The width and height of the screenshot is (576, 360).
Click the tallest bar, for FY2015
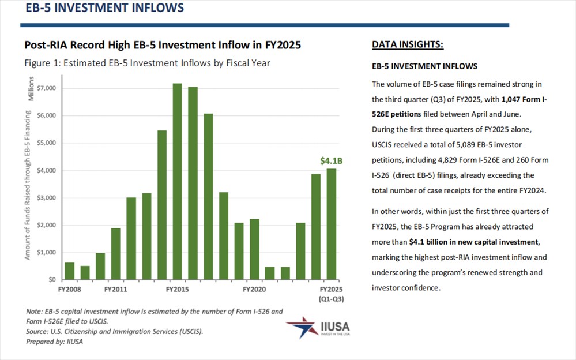(177, 182)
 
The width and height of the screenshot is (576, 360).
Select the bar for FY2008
(70, 271)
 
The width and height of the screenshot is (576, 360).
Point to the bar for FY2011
(116, 254)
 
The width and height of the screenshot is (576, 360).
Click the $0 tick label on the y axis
(52, 280)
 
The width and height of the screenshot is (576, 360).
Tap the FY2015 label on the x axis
(178, 288)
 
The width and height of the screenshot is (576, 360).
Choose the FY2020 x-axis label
(254, 288)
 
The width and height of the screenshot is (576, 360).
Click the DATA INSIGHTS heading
(408, 45)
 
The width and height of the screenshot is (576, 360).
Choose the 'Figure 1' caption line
(147, 63)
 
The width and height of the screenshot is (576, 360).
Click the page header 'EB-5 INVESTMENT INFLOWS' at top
(102, 8)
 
